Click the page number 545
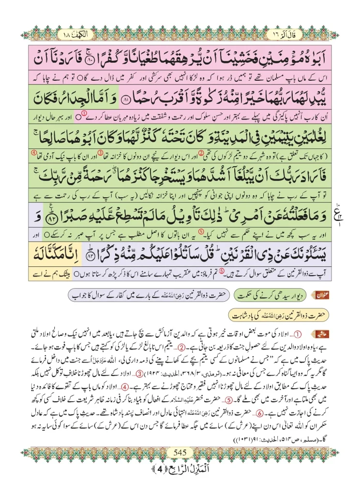[180, 452]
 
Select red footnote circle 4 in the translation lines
[33, 153]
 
